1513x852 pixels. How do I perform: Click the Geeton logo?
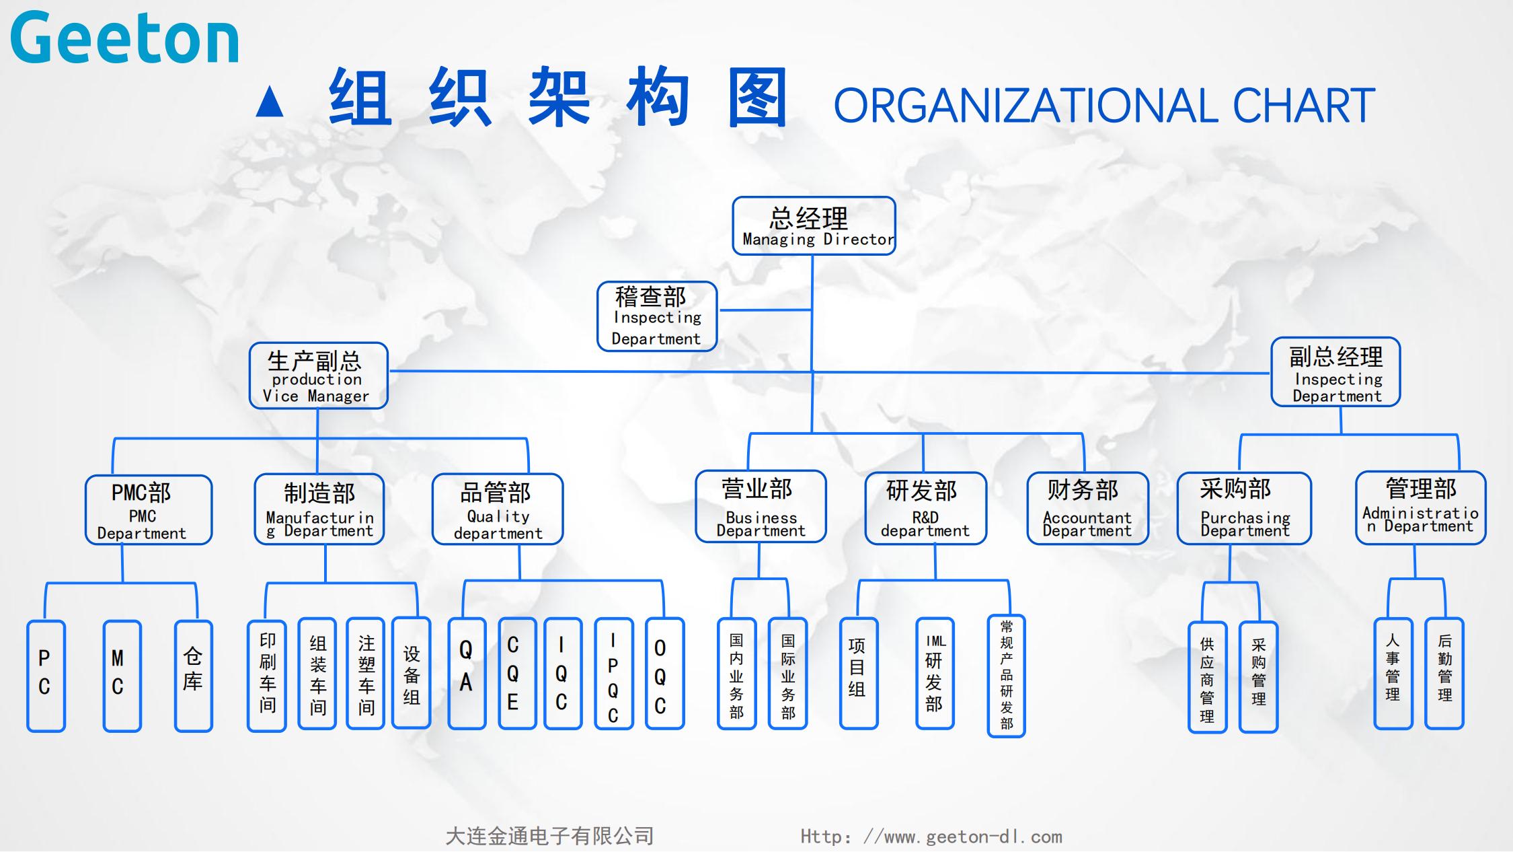[125, 38]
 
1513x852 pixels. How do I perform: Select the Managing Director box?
[814, 226]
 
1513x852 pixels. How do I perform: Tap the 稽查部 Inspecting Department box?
[657, 316]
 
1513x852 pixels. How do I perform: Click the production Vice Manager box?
[318, 376]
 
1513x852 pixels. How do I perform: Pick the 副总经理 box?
[1335, 372]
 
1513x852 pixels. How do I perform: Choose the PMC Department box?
[149, 510]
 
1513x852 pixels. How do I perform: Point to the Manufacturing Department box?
[319, 509]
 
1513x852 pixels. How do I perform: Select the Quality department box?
[498, 509]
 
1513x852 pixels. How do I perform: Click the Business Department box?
[761, 507]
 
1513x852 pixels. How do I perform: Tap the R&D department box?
[925, 509]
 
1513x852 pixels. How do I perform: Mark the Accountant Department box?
[1087, 507]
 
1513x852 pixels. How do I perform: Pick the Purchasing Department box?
[1244, 508]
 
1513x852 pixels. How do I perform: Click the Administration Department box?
[1420, 507]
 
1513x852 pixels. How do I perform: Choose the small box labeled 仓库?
[193, 676]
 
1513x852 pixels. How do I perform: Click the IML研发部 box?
[935, 674]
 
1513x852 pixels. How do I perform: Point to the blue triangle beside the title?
[270, 102]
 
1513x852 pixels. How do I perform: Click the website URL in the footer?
[931, 837]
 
